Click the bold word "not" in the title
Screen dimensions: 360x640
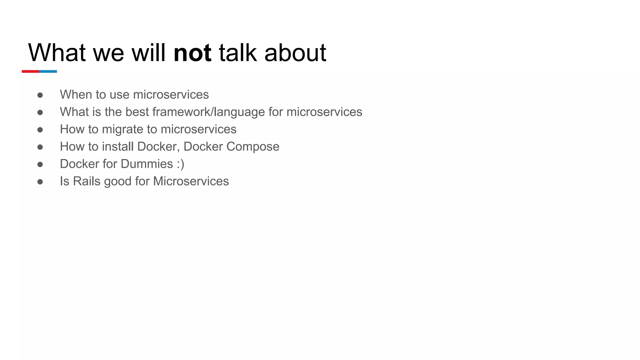click(x=192, y=53)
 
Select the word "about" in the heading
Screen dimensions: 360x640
click(x=295, y=53)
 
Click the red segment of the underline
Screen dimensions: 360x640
click(x=31, y=72)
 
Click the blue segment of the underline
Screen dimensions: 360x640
click(x=48, y=72)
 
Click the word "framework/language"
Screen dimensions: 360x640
click(x=209, y=112)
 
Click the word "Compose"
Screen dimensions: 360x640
click(x=253, y=147)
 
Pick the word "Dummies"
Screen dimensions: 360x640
click(x=147, y=164)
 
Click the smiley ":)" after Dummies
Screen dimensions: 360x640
click(x=180, y=164)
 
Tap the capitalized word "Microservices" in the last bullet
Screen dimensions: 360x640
click(x=191, y=181)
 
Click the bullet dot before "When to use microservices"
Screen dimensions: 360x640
click(x=40, y=95)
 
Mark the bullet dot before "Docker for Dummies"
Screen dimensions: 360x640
click(x=40, y=164)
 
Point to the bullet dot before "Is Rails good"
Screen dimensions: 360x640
click(x=40, y=182)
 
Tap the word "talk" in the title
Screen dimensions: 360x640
click(x=237, y=53)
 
